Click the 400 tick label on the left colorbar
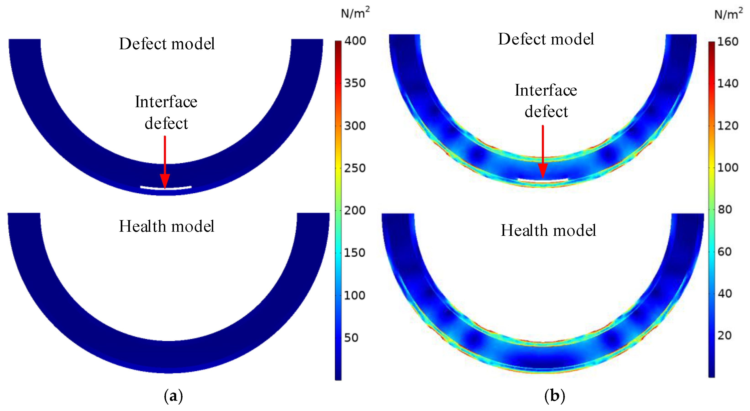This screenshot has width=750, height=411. [355, 41]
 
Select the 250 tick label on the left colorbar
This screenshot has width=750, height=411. [355, 168]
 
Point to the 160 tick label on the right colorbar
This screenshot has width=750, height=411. [727, 42]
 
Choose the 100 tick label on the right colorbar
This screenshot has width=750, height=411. [727, 168]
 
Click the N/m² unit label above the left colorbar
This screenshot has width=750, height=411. [355, 13]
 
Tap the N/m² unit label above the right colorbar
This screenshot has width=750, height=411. [728, 13]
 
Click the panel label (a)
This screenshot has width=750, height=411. [173, 396]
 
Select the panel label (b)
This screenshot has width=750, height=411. [554, 396]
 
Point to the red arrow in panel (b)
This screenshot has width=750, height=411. [543, 151]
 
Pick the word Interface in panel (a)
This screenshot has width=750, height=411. [166, 102]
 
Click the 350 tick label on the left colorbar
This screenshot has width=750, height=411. [355, 83]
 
